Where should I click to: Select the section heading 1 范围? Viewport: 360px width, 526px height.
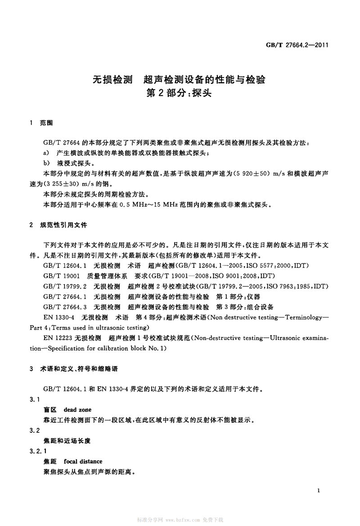point(42,123)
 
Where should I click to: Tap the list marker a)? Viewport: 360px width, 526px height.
point(46,154)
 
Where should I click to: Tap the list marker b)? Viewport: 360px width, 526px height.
point(46,164)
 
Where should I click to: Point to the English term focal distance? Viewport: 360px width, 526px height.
point(83,461)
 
